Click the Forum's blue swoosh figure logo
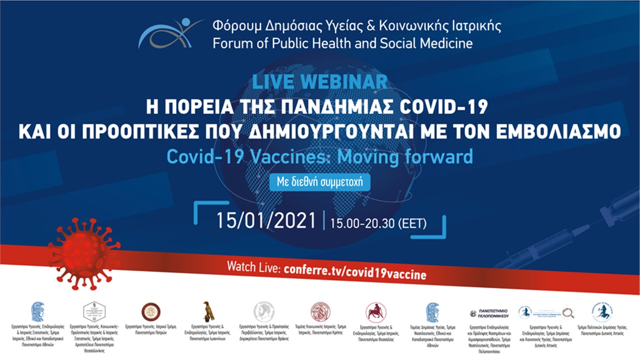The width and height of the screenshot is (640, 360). (170, 34)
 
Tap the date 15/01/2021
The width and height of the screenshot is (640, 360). (266, 220)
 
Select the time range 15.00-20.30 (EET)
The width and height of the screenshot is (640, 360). (378, 222)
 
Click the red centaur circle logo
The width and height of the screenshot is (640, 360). (375, 312)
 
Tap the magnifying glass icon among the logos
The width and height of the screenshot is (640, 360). (568, 313)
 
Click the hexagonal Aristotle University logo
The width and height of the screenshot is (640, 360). (94, 311)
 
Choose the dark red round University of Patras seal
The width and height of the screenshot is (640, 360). (150, 311)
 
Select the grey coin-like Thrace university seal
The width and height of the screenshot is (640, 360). (263, 311)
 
